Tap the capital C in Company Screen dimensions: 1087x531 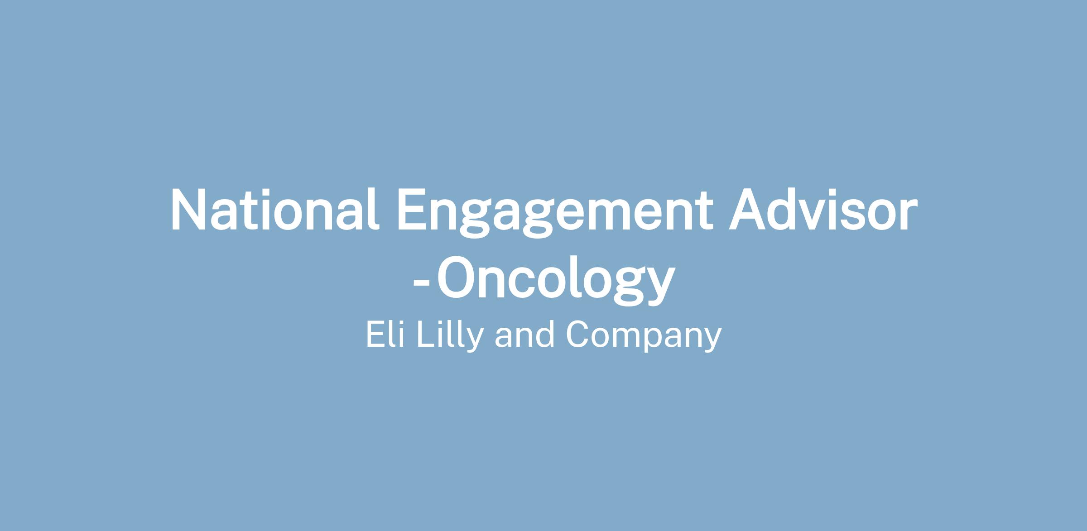(577, 335)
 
